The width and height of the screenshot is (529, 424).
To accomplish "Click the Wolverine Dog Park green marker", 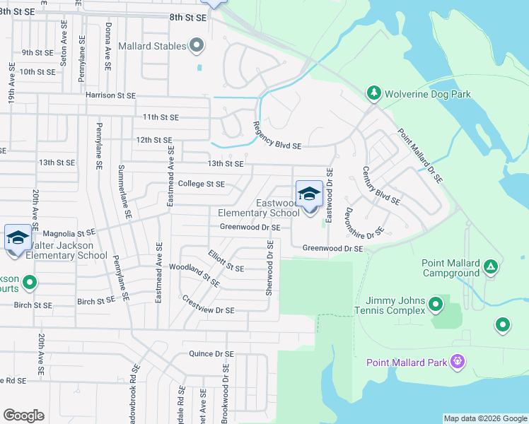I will point(373,93).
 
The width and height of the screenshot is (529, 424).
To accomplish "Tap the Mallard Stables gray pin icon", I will point(198,47).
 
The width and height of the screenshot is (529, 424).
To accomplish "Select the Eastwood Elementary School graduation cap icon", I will point(309,194).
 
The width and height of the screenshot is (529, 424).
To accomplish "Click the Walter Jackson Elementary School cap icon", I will point(18,237).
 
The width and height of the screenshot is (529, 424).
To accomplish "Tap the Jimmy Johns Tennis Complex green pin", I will point(436,305).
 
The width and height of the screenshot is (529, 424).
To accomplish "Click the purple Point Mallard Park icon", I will point(458,362).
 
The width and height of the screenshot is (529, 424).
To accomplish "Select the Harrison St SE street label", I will point(110,95).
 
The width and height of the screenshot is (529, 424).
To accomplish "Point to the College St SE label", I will point(201,184).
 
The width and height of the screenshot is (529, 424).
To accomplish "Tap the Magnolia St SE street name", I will point(69,232).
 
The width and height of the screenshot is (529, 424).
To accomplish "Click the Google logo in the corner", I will point(24,416).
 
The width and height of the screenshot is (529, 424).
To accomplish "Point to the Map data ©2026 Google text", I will point(485,418).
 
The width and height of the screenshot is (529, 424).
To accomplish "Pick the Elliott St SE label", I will point(226,261).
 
